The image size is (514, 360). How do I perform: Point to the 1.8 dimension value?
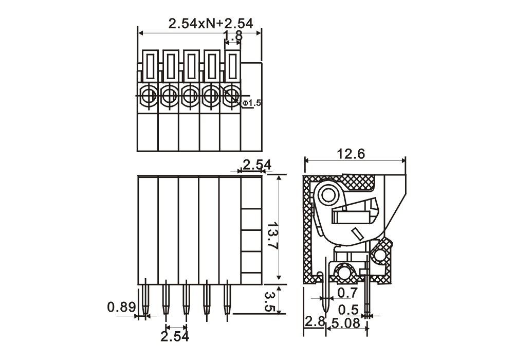pyautogui.click(x=234, y=36)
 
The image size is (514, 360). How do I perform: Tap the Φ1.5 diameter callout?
pyautogui.click(x=252, y=103)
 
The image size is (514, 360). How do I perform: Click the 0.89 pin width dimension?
pyautogui.click(x=121, y=308)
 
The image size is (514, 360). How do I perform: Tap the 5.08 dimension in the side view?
pyautogui.click(x=345, y=323)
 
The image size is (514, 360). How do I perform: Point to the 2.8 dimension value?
pyautogui.click(x=314, y=323)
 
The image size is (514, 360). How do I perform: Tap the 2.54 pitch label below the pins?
pyautogui.click(x=175, y=337)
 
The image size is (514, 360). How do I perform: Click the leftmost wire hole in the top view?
pyautogui.click(x=149, y=95)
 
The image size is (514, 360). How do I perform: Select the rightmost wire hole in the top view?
pyautogui.click(x=231, y=95)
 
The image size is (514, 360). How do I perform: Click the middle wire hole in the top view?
pyautogui.click(x=190, y=95)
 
